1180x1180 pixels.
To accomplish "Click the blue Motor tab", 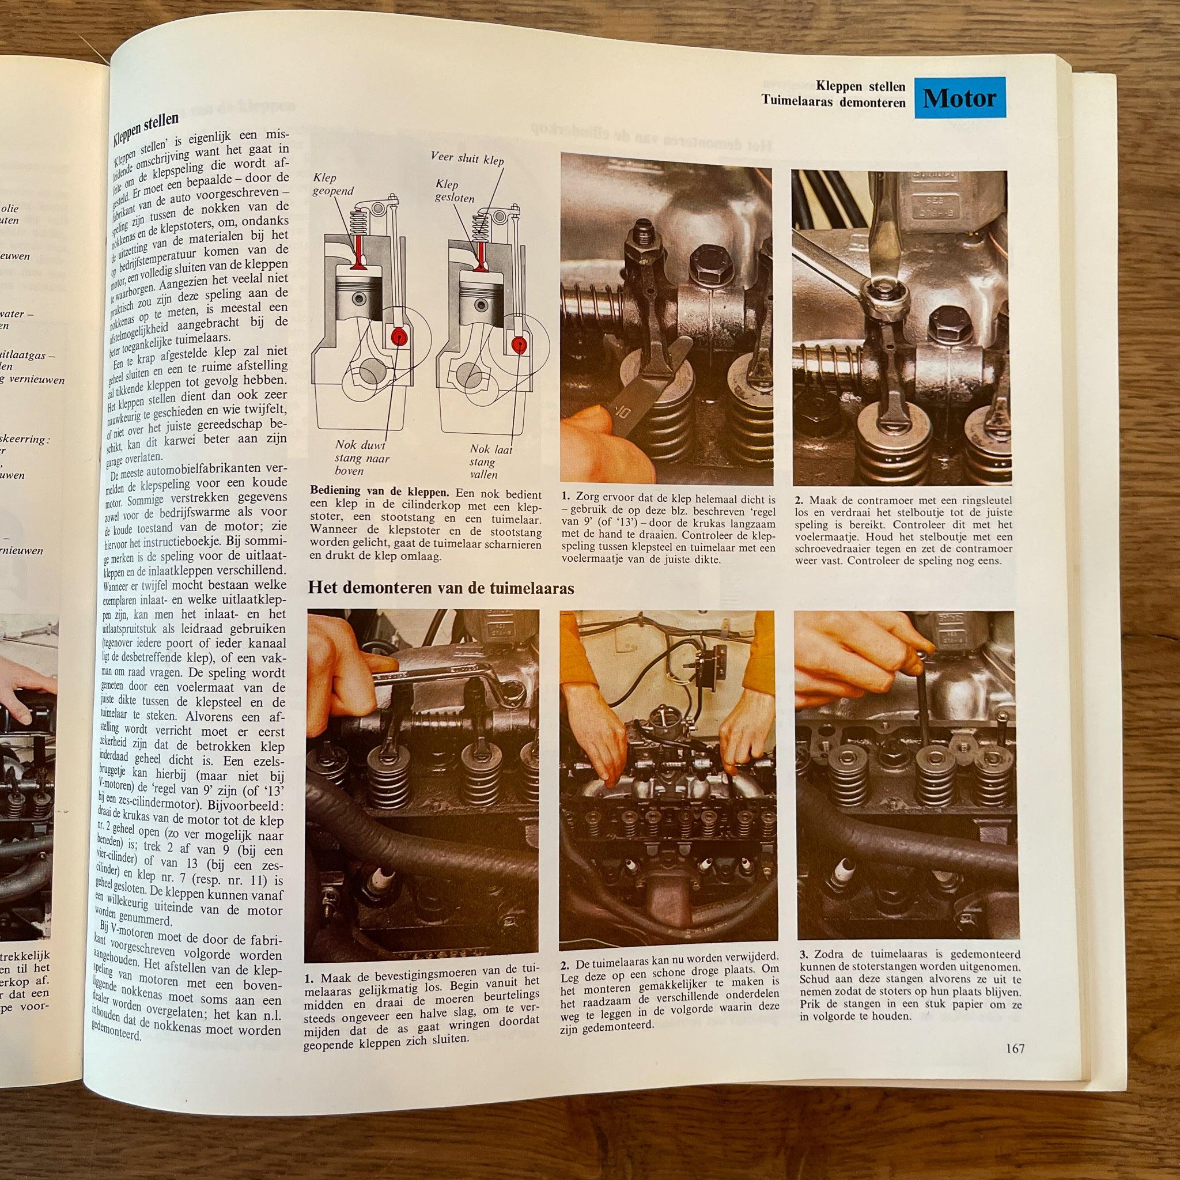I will [959, 97].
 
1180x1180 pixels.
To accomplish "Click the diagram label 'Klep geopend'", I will [333, 184].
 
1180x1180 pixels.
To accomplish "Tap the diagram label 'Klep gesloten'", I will [455, 191].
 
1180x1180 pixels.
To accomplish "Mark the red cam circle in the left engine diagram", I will [400, 336].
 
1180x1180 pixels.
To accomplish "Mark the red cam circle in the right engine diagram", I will [519, 343].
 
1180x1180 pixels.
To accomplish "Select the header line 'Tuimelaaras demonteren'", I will [833, 102].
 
